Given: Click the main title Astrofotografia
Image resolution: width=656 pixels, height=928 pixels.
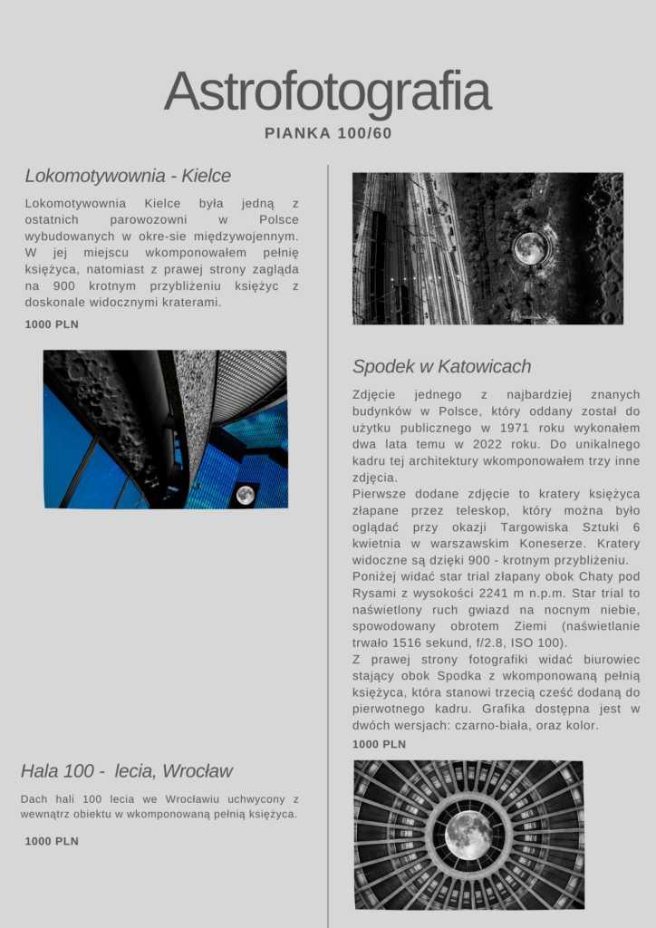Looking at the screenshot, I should [x=327, y=91].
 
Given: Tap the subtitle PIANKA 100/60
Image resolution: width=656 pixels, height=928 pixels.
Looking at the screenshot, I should [x=328, y=133].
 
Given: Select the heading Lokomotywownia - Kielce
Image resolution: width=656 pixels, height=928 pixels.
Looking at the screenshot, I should [x=128, y=176].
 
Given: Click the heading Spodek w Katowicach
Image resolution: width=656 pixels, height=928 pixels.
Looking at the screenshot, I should [x=441, y=367].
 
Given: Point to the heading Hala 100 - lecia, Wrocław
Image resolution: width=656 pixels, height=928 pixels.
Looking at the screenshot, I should [x=127, y=771].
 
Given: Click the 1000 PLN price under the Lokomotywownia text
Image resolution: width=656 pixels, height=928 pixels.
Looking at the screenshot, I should [x=52, y=324].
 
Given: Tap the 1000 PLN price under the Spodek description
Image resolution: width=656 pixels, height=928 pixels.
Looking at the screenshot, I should [x=379, y=744].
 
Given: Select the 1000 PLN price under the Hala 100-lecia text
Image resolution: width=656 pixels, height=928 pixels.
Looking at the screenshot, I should [x=52, y=841].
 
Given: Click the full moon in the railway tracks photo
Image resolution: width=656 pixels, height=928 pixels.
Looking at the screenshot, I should [x=529, y=247].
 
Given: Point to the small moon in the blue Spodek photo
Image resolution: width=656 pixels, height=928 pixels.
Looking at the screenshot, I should [x=245, y=494].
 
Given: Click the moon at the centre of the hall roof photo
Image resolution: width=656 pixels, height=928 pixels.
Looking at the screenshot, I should [x=468, y=835].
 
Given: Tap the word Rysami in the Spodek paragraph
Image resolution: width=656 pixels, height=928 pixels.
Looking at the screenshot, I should [x=373, y=593].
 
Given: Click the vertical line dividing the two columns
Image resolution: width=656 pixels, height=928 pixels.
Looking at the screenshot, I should [x=328, y=544].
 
